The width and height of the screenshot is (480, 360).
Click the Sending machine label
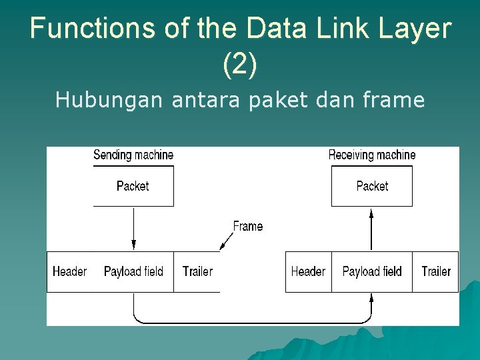click(133, 155)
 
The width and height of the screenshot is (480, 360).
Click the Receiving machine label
click(372, 155)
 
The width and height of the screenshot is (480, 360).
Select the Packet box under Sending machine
click(133, 186)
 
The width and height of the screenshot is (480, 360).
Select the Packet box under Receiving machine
click(372, 186)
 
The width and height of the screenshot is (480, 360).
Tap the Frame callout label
click(248, 227)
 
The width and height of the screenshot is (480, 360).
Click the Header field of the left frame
click(69, 271)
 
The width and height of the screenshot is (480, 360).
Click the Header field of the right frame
click(308, 271)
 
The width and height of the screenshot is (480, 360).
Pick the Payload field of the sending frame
click(133, 271)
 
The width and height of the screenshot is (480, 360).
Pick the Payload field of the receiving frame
click(372, 271)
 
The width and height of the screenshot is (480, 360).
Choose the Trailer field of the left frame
click(197, 271)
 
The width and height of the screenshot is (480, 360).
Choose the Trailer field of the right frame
click(436, 271)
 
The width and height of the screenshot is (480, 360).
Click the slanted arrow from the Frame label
click(227, 241)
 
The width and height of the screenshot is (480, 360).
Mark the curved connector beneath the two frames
click(253, 323)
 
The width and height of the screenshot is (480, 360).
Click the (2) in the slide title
click(239, 65)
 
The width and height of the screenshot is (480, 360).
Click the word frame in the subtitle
click(394, 100)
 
